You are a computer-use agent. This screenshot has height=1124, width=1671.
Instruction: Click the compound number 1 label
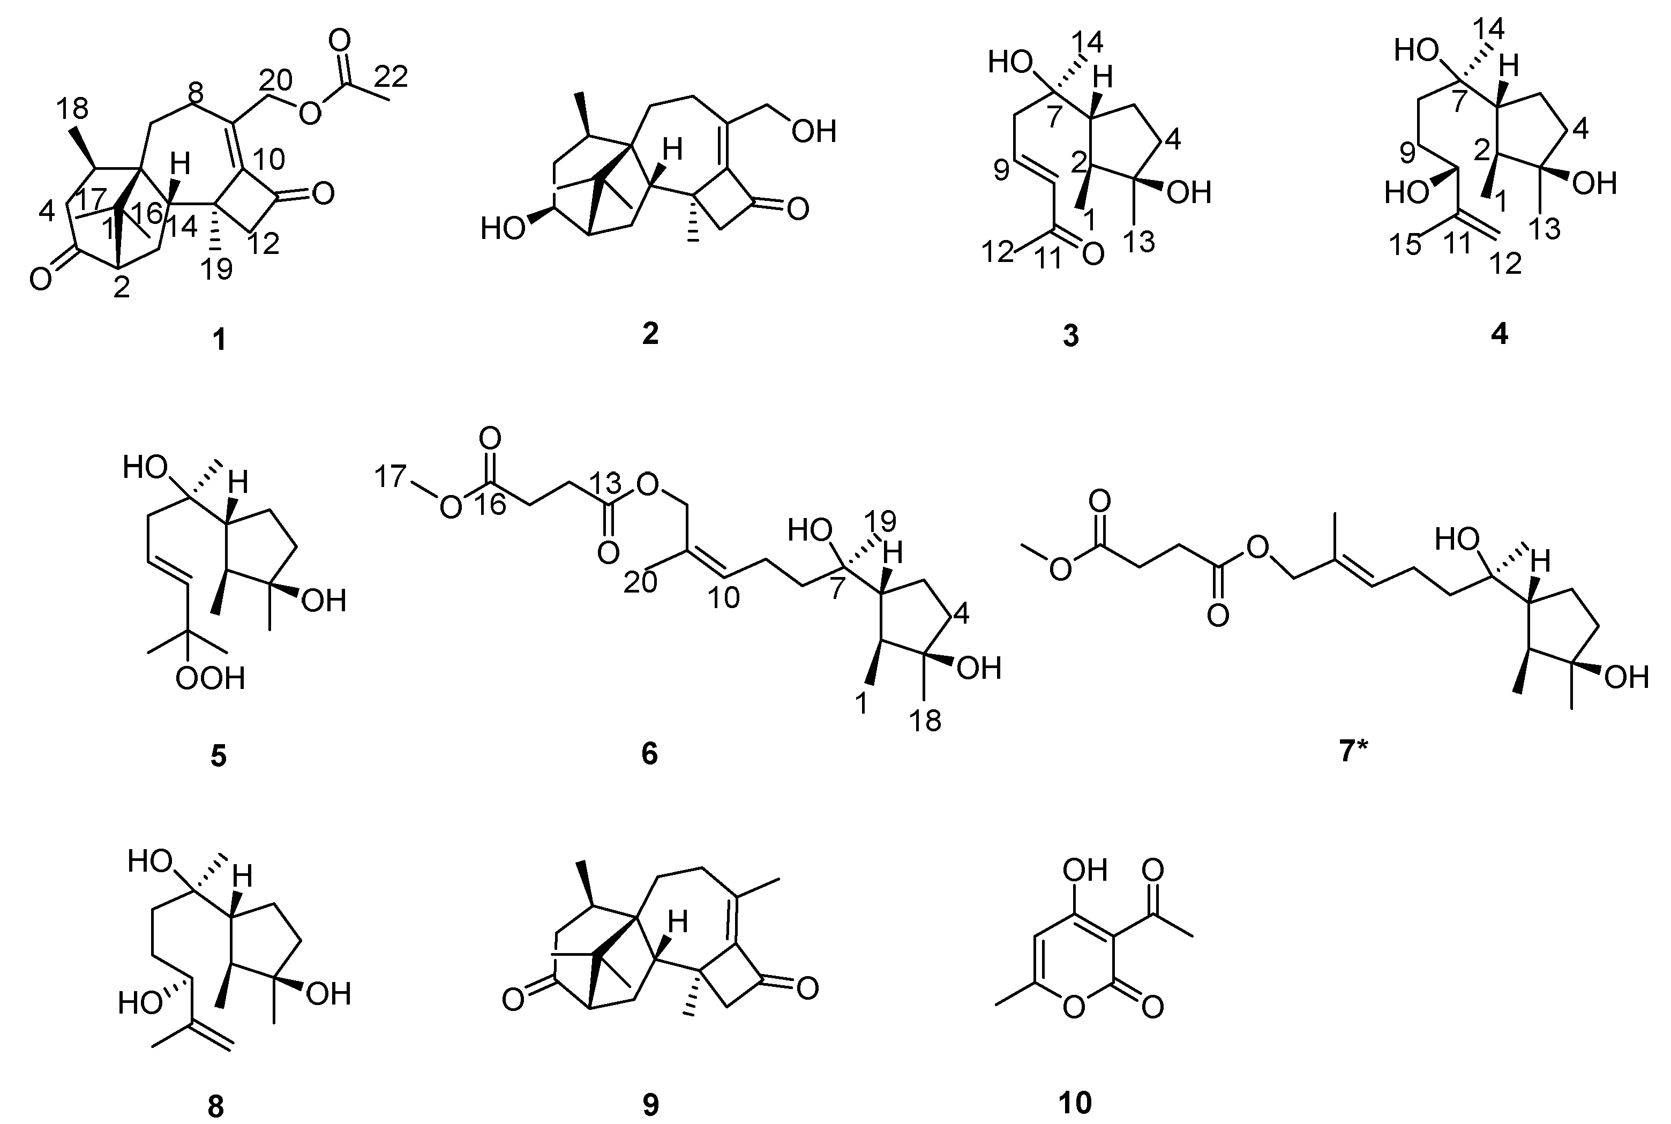point(219,340)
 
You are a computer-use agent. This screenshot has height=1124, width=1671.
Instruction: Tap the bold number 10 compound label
point(1075,1103)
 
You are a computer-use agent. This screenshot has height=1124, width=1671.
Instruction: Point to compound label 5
point(219,755)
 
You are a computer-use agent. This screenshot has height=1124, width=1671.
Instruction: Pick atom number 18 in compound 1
point(72,108)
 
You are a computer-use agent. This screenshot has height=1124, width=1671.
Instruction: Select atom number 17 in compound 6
point(392,476)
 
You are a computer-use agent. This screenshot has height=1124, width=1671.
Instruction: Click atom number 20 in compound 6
point(640,583)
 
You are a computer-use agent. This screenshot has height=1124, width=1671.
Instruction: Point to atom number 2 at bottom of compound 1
point(122,288)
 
